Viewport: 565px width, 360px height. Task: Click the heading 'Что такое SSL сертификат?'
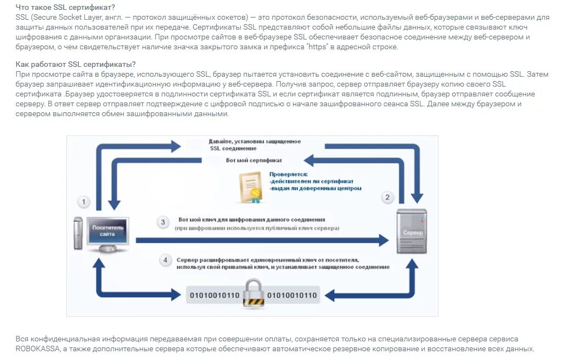(x=65, y=7)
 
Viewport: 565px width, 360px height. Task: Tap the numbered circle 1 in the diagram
(x=83, y=202)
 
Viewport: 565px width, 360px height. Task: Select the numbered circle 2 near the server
(x=388, y=198)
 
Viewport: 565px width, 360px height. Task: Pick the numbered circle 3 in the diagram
(x=162, y=222)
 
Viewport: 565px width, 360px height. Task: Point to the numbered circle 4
(x=165, y=260)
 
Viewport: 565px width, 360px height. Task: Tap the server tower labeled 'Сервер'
(x=412, y=231)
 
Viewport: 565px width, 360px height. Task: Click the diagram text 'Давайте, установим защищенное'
(x=255, y=141)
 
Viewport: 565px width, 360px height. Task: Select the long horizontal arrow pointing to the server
(x=257, y=240)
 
